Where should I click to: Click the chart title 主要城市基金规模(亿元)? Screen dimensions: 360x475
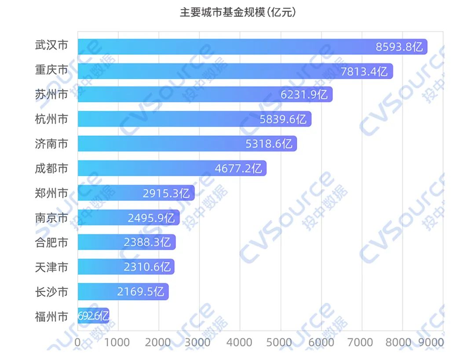tap(237, 12)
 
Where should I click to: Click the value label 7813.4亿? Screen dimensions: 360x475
tap(364, 71)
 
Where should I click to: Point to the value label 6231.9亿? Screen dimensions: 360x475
tap(304, 95)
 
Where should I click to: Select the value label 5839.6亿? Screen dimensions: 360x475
tap(283, 119)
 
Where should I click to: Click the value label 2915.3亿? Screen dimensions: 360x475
tap(166, 193)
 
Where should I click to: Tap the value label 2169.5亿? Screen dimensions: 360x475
tap(140, 291)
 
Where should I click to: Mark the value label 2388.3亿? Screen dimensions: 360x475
tap(147, 242)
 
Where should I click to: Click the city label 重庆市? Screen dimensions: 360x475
tap(51, 70)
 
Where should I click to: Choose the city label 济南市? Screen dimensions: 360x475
tap(51, 143)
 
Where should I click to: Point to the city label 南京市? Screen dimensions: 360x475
tap(51, 217)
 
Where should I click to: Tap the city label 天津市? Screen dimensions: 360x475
tap(51, 267)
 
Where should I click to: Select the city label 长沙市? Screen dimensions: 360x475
tap(51, 291)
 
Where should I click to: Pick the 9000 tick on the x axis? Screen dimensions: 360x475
tap(432, 342)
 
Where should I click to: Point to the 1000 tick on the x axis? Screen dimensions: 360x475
tap(117, 342)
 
